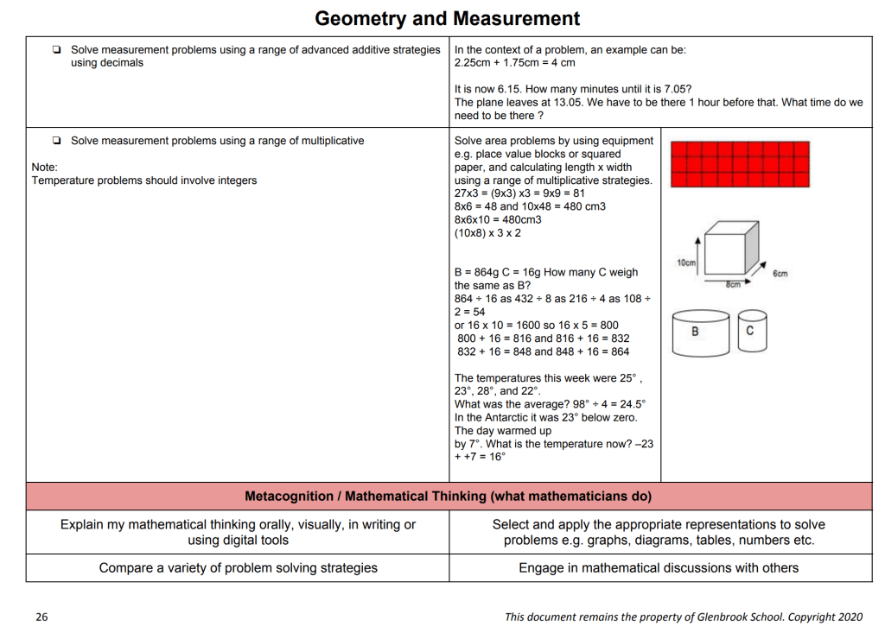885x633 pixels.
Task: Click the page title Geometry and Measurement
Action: [447, 18]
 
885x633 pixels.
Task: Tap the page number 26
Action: [41, 617]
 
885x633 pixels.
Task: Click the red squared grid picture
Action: [740, 164]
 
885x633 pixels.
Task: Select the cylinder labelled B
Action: [696, 332]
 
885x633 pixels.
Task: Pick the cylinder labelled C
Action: [750, 331]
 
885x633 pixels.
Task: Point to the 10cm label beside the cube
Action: [685, 263]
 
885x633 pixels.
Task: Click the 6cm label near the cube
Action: [780, 274]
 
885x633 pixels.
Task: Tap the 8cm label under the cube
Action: [733, 285]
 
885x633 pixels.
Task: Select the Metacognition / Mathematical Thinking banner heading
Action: [448, 497]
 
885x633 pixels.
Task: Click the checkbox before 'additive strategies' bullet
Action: [56, 50]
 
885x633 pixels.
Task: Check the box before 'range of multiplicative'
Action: [56, 141]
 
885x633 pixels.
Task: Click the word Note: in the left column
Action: [44, 167]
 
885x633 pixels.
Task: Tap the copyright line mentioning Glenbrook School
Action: [684, 617]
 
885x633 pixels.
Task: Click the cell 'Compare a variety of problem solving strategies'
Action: [238, 567]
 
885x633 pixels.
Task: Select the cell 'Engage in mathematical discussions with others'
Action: [659, 567]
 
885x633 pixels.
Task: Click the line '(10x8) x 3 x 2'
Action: [487, 233]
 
